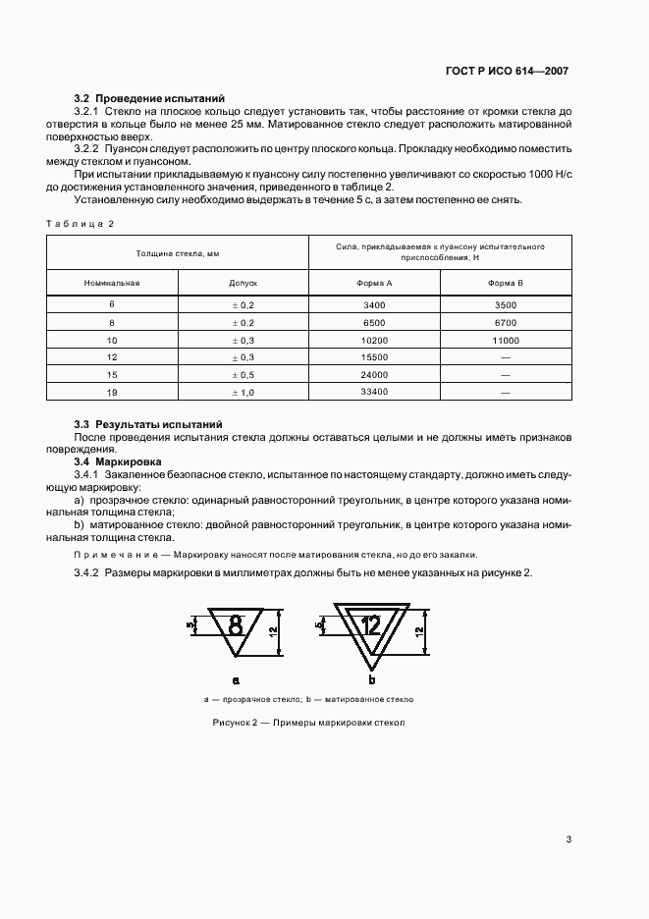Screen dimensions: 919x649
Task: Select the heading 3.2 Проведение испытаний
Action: pos(150,98)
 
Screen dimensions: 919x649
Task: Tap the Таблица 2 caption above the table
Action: pos(80,223)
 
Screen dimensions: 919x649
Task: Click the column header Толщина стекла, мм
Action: pos(178,252)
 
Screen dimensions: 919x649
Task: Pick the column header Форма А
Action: pos(374,283)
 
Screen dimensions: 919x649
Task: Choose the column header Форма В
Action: pos(505,283)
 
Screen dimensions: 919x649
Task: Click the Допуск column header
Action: pos(243,283)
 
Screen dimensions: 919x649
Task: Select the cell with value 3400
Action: pos(374,304)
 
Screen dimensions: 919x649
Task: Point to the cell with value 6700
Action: pos(505,322)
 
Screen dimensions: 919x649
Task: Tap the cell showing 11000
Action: pos(505,340)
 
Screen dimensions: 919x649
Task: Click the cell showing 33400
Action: pos(374,392)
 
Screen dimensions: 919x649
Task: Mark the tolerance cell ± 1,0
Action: pos(243,392)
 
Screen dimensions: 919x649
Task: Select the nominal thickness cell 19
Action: pos(112,392)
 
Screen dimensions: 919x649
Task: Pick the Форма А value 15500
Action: pos(374,357)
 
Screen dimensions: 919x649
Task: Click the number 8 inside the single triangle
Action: pos(236,623)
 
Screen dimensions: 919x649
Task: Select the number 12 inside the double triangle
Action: pos(370,624)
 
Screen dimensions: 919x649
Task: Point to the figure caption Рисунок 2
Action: pos(308,724)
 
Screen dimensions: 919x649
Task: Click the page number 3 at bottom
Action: pos(568,838)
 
